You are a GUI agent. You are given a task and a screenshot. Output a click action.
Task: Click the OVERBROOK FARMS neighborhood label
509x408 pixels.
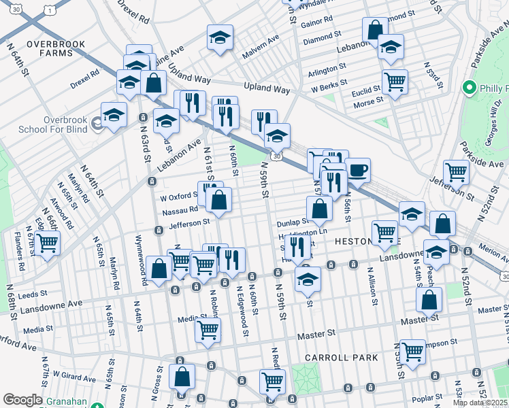click(x=56, y=48)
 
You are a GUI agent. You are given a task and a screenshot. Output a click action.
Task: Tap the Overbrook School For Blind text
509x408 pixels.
click(x=63, y=124)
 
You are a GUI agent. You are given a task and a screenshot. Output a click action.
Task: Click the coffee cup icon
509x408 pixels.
click(x=357, y=170)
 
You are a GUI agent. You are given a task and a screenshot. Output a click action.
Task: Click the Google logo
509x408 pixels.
click(x=22, y=400)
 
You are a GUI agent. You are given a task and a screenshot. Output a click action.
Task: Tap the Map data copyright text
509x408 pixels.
click(x=480, y=403)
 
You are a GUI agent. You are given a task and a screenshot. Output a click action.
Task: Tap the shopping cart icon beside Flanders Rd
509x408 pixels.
click(x=47, y=243)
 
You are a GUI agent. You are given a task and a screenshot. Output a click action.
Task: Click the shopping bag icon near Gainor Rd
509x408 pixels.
click(x=374, y=29)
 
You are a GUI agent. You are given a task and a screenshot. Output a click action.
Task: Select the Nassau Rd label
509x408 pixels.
click(x=180, y=211)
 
